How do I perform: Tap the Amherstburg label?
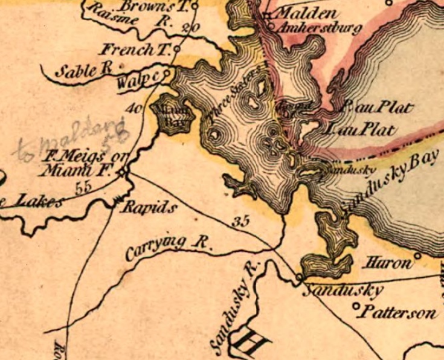(317, 28)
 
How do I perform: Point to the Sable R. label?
(85, 71)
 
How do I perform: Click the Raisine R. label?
(127, 17)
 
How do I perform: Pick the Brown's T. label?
(154, 6)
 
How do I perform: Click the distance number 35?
(240, 222)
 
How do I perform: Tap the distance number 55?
(84, 187)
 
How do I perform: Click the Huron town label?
(387, 263)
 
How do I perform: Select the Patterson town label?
(398, 313)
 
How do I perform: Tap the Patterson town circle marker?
(356, 306)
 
